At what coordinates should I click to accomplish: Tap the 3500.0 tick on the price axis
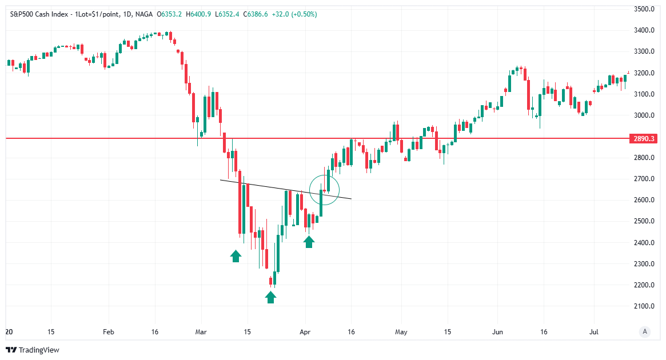[644, 9]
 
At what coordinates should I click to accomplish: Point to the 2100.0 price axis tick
[644, 306]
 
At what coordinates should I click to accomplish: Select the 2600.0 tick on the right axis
[644, 200]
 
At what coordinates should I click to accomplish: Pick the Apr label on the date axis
[305, 331]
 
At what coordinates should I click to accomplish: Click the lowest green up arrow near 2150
[270, 297]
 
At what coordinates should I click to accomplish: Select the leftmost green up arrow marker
[236, 255]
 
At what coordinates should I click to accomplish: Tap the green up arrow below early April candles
[309, 242]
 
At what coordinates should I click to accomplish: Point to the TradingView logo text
[39, 350]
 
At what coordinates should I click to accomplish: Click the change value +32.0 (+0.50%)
[287, 14]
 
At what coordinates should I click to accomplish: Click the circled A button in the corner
[645, 331]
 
